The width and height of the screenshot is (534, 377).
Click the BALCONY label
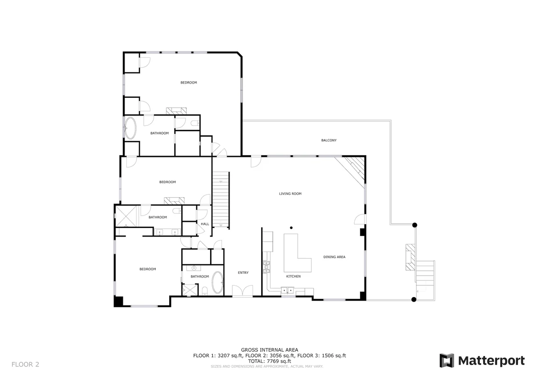click(x=329, y=140)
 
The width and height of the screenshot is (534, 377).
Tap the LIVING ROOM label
click(x=290, y=194)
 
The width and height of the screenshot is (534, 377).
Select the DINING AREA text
click(x=334, y=257)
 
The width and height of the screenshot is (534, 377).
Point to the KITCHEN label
click(x=293, y=276)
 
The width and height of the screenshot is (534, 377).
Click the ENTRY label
click(x=243, y=273)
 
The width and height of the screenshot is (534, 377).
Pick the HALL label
click(x=205, y=224)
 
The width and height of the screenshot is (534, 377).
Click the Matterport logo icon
click(x=447, y=361)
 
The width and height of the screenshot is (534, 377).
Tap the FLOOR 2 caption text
click(x=25, y=365)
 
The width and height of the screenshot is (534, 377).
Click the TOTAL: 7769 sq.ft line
click(x=269, y=361)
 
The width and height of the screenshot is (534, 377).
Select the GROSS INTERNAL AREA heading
click(x=269, y=350)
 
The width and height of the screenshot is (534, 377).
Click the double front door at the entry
click(x=243, y=291)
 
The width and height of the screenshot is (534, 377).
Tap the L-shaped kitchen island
click(x=297, y=253)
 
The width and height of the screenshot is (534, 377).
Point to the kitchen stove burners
click(x=266, y=267)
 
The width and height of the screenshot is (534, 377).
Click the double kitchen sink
click(x=287, y=290)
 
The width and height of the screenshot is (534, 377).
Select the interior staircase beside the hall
click(x=221, y=201)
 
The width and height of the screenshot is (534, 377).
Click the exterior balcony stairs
click(x=425, y=281)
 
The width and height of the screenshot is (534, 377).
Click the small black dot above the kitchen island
click(x=291, y=228)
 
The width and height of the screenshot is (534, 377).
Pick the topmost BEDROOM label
click(x=189, y=83)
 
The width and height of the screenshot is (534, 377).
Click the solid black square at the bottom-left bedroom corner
click(x=118, y=301)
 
